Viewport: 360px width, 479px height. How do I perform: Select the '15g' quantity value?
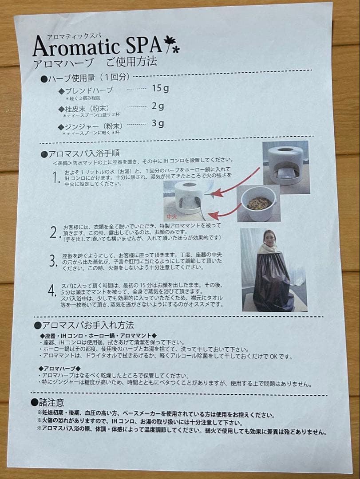coord(160,88)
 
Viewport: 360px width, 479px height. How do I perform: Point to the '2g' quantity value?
coord(158,106)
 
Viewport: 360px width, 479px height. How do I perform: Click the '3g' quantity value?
coord(158,123)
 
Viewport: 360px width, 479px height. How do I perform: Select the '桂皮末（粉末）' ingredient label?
coord(87,109)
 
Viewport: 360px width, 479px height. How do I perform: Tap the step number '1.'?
coord(55,178)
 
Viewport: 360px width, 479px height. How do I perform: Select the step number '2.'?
coord(55,232)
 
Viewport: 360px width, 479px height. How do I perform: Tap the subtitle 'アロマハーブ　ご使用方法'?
coord(95,62)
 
